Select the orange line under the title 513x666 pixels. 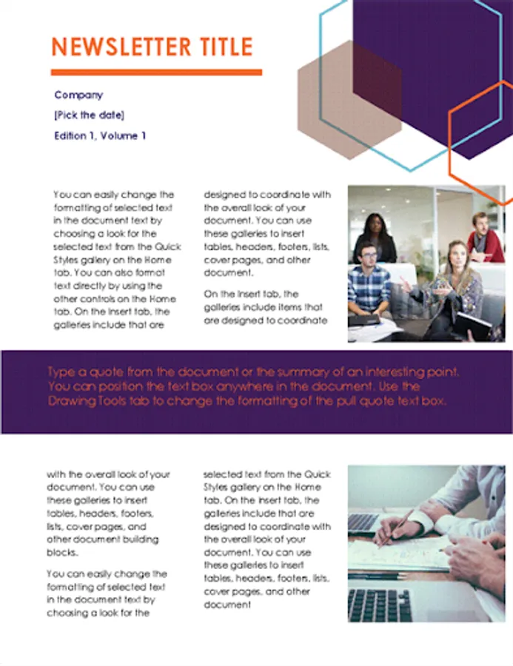coord(156,73)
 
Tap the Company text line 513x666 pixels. coord(78,95)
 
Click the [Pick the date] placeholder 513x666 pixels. coord(90,115)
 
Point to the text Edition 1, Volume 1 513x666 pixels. coord(100,136)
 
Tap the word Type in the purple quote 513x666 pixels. coord(61,372)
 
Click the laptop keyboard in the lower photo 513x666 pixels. coord(380,605)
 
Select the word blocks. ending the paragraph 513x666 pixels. coord(62,553)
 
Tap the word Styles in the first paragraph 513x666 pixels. coord(65,260)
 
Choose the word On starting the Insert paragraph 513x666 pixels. coord(210,294)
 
